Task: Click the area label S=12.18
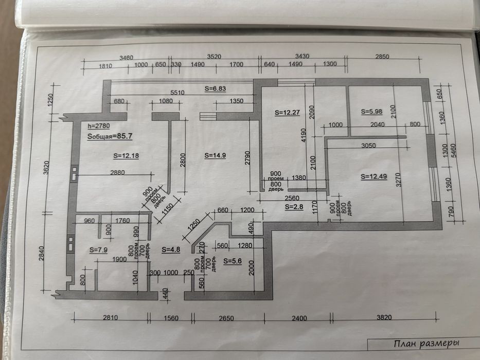(x=126, y=156)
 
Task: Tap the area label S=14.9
(x=215, y=155)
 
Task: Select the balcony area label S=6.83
(x=215, y=89)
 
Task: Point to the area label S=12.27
(x=287, y=112)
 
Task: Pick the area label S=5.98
(x=371, y=112)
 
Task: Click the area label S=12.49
(x=374, y=176)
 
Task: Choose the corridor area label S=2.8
(x=294, y=207)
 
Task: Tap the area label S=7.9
(x=99, y=250)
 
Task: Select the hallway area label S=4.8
(x=171, y=250)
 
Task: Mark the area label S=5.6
(x=233, y=261)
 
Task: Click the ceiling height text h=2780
(x=99, y=126)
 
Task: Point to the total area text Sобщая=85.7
(x=110, y=136)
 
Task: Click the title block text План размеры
(x=426, y=344)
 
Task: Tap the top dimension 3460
(x=127, y=58)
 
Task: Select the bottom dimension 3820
(x=384, y=317)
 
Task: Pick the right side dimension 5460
(x=454, y=151)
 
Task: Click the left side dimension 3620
(x=46, y=168)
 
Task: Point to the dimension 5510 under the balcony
(x=177, y=93)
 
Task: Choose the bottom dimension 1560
(x=171, y=318)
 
